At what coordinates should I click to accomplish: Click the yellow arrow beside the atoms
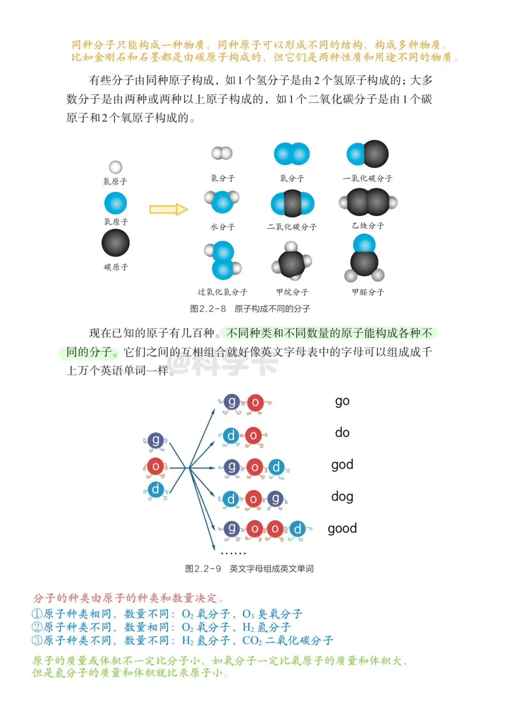[169, 209]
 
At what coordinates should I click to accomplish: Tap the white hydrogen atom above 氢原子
[115, 167]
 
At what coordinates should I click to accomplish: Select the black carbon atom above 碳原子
[115, 243]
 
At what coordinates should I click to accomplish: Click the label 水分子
[223, 227]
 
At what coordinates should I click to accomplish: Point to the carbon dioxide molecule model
[292, 204]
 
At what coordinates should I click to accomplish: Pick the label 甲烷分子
[292, 292]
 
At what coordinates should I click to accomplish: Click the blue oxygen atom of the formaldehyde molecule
[364, 244]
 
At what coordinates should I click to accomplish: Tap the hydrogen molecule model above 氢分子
[222, 153]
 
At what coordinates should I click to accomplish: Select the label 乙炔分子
[368, 226]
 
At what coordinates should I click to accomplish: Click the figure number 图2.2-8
[208, 309]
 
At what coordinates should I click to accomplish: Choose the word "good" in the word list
[342, 529]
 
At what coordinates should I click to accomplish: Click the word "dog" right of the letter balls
[342, 497]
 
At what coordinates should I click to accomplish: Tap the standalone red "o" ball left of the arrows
[155, 466]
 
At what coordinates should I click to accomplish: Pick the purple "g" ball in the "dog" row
[276, 499]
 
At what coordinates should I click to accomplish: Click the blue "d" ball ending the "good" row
[298, 529]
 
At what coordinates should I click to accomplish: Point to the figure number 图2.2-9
[203, 569]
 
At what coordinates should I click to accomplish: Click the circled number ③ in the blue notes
[37, 640]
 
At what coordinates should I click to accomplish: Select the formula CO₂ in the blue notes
[252, 641]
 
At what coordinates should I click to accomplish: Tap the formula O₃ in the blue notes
[248, 614]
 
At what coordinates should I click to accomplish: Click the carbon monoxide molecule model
[368, 154]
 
